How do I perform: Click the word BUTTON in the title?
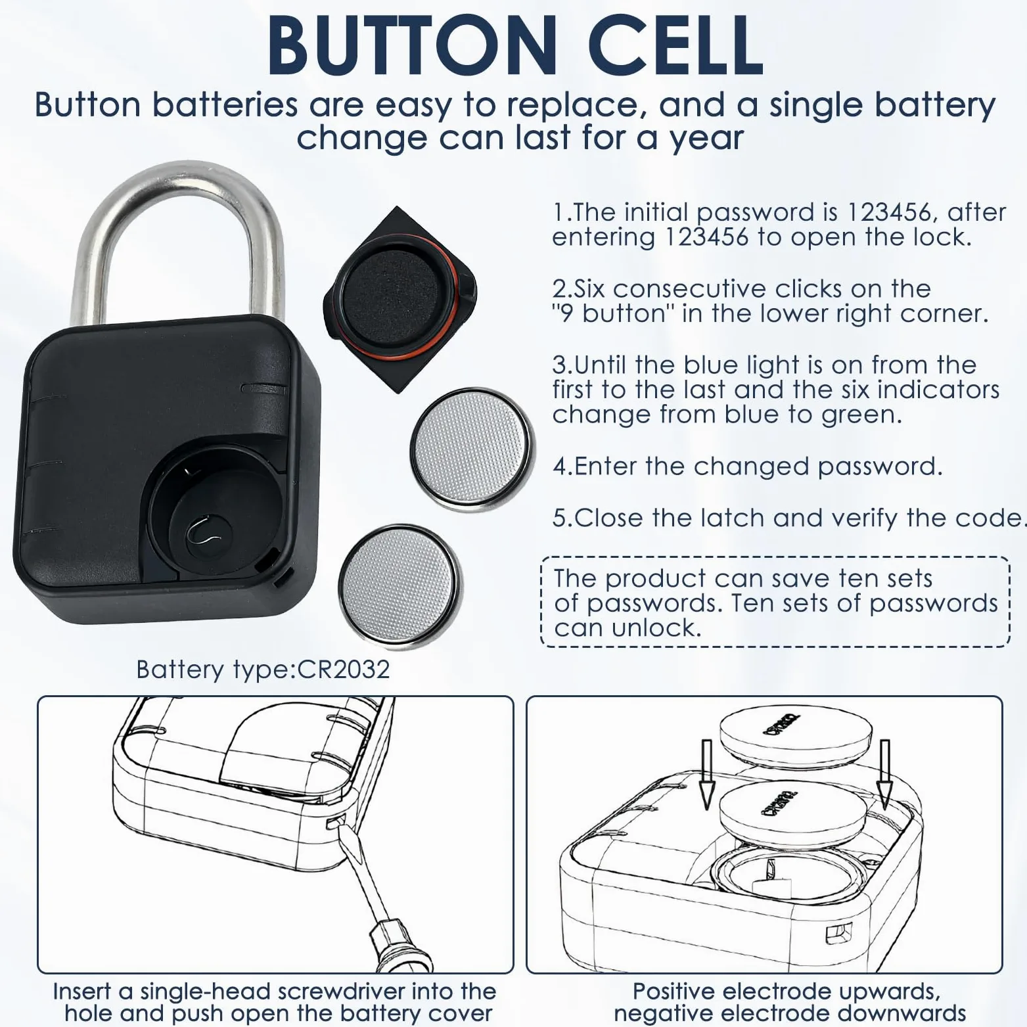412,45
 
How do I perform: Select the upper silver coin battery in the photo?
472,449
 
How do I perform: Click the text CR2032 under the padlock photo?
344,670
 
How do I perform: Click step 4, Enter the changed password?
748,467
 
